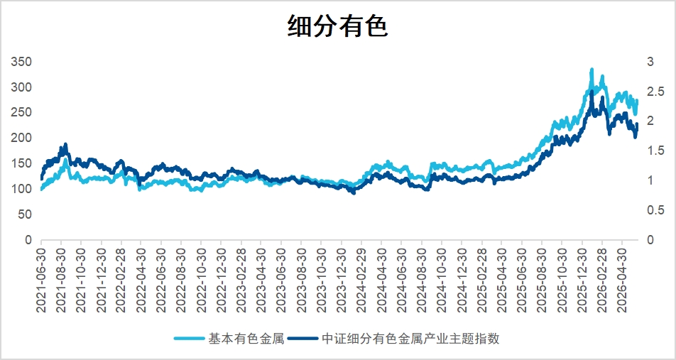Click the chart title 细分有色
338,27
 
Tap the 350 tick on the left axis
21,62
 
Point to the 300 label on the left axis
21,87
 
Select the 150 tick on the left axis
21,163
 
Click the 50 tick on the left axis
25,214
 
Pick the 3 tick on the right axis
650,62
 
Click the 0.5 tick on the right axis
655,210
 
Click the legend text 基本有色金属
246,339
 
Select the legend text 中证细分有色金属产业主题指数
410,339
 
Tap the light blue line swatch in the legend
190,339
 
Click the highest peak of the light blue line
591,70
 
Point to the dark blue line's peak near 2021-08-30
65,144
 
